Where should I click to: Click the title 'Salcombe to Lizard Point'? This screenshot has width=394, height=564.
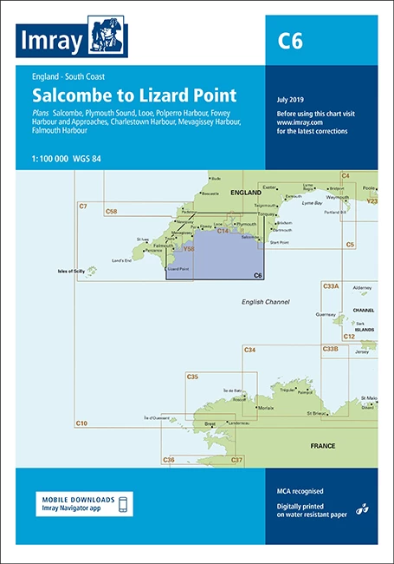pyautogui.click(x=134, y=95)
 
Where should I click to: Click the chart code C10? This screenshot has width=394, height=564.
pyautogui.click(x=81, y=423)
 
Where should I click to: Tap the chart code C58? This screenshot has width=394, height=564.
pyautogui.click(x=111, y=211)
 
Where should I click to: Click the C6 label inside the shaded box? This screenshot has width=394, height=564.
pyautogui.click(x=256, y=275)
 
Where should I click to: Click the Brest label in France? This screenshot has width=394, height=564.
pyautogui.click(x=209, y=423)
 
